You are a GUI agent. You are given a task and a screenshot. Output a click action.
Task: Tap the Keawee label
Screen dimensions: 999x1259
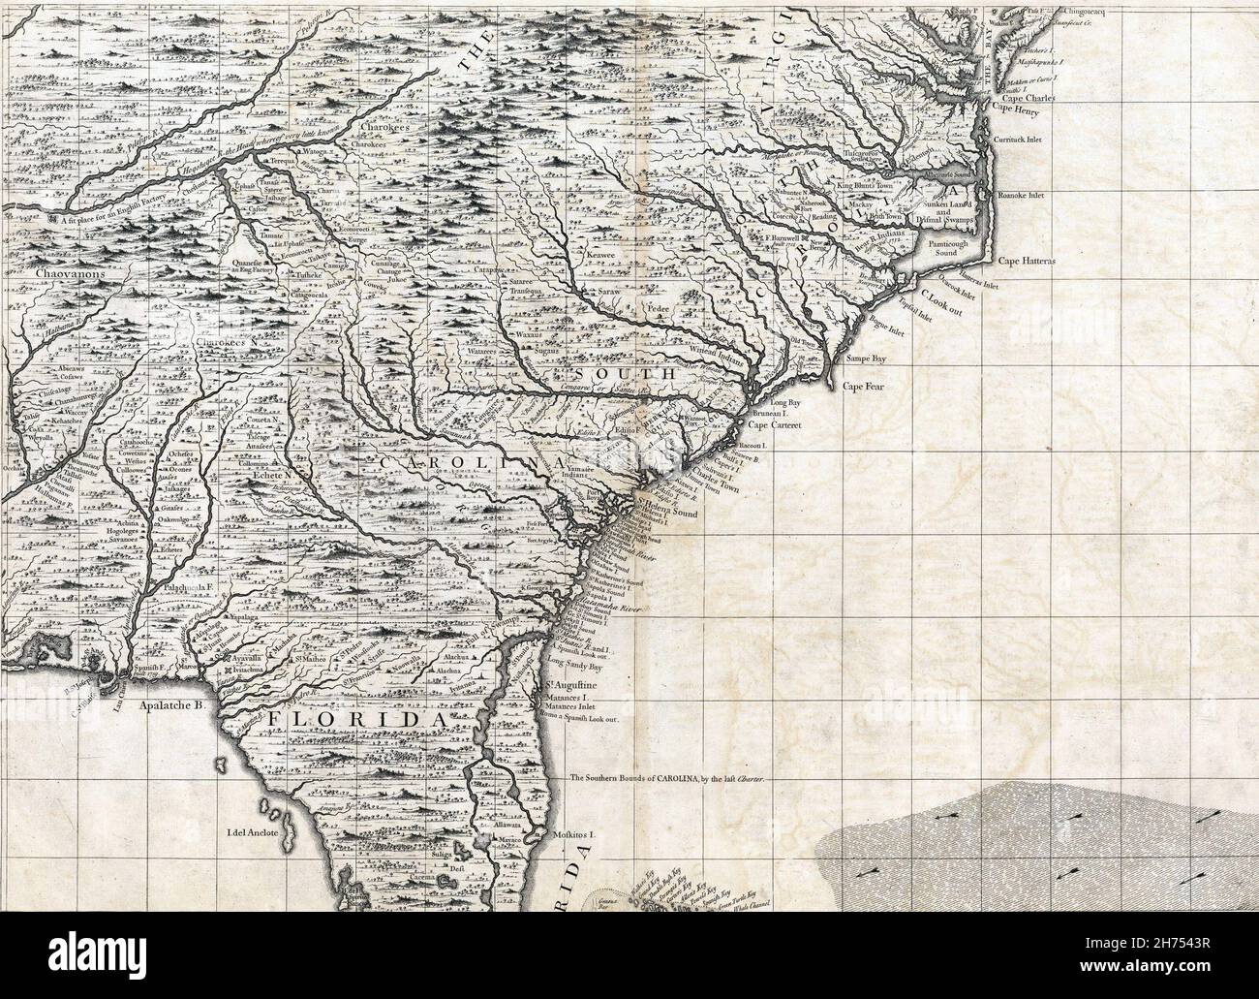pyautogui.click(x=601, y=257)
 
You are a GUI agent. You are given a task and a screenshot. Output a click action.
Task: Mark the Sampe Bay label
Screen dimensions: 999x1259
pyautogui.click(x=867, y=359)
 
